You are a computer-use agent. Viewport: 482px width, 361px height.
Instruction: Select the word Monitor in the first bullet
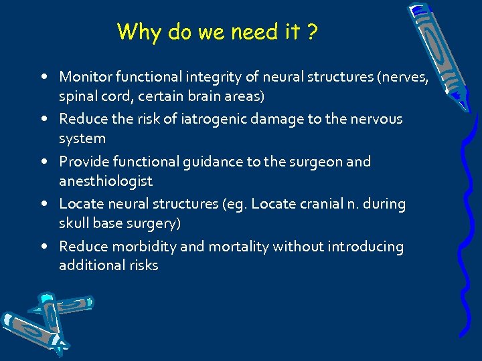click(85, 77)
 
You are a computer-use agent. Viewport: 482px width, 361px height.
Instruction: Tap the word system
click(82, 138)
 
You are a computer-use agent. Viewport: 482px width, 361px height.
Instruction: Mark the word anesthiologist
click(106, 181)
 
